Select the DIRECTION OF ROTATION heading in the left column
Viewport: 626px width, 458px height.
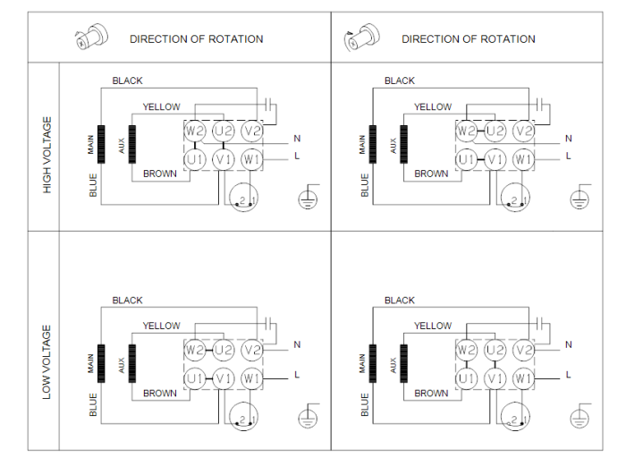click(x=196, y=39)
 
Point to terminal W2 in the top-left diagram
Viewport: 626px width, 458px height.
click(x=196, y=131)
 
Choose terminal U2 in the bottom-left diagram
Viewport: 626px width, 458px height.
click(x=224, y=350)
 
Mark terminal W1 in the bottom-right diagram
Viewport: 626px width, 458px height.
click(x=524, y=379)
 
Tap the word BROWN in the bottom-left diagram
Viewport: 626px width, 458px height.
click(x=160, y=394)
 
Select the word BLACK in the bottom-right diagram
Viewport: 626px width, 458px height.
click(x=400, y=301)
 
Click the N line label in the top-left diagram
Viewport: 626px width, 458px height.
click(x=297, y=139)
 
